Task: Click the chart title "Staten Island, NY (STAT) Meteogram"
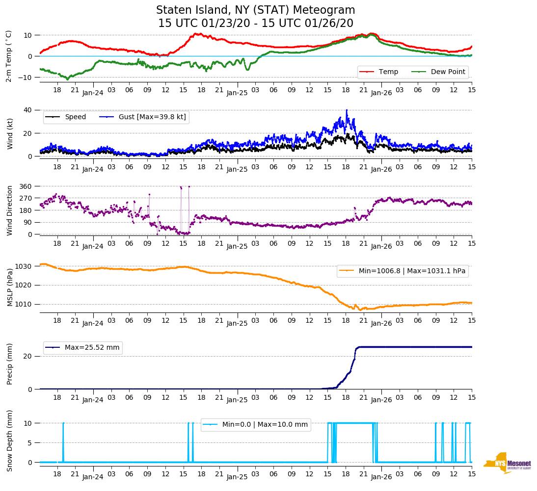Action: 255,10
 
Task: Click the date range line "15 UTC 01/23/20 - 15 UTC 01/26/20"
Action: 255,24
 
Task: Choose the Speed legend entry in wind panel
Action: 66,117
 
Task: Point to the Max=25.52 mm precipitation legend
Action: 83,347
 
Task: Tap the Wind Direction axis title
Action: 9,210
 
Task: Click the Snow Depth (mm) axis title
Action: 9,440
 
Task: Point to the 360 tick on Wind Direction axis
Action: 26,186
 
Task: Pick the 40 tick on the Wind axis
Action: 28,110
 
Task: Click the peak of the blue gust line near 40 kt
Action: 347,110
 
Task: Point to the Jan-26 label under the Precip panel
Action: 381,400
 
